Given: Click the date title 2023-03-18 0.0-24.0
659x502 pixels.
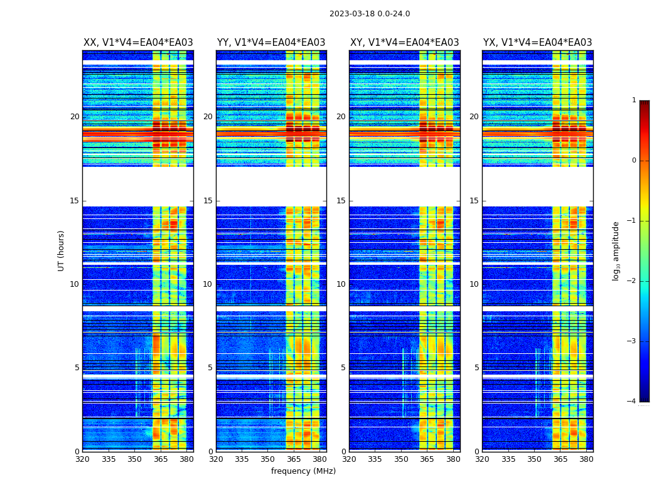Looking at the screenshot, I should click(370, 14).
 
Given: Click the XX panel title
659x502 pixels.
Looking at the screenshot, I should click(138, 43).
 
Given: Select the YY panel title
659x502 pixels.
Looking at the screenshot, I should click(271, 43).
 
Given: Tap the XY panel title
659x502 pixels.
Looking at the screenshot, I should click(404, 43).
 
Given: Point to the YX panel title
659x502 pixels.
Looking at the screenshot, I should click(537, 43).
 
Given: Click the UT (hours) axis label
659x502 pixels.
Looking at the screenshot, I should click(61, 250).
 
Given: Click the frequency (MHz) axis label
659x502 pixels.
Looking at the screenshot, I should click(303, 471).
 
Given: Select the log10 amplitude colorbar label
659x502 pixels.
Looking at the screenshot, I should click(616, 250).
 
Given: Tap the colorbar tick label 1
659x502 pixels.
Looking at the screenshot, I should click(634, 100).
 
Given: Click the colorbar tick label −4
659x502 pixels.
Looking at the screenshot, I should click(631, 402).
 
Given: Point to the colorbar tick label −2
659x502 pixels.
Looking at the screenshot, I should click(631, 281).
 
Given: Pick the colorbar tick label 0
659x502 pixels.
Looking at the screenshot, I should click(634, 161).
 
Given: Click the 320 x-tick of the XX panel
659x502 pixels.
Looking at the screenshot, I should click(82, 459).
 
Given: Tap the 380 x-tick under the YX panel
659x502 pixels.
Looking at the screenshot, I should click(586, 459).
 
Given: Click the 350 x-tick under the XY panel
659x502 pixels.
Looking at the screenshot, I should click(401, 459).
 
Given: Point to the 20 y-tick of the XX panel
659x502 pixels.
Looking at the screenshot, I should click(75, 117).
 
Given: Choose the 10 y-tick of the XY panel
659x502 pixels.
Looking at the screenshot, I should click(341, 284).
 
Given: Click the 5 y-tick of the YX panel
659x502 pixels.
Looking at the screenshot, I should click(476, 368).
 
